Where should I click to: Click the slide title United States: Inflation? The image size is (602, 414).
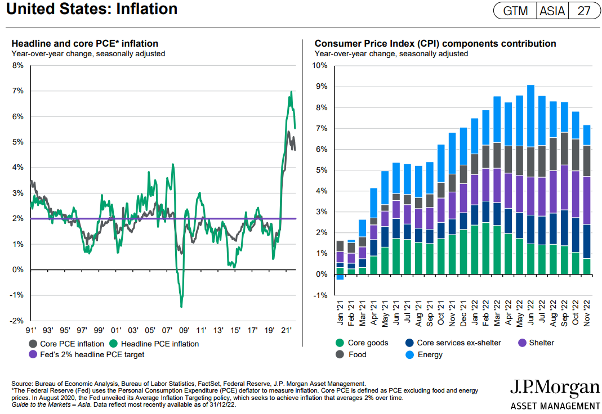point(92,10)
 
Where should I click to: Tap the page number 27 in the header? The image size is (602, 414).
point(583,11)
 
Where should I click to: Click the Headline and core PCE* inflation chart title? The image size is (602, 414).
point(85,43)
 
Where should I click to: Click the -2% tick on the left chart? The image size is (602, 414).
point(16,321)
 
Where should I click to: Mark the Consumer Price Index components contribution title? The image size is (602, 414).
point(435,43)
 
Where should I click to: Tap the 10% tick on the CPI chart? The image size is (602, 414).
point(319,66)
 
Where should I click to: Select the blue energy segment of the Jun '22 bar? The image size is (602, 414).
point(530,116)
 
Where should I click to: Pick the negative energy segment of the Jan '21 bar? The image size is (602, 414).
point(340,277)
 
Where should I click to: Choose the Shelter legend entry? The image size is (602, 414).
point(541,343)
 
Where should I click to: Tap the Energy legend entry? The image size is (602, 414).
point(430,354)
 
